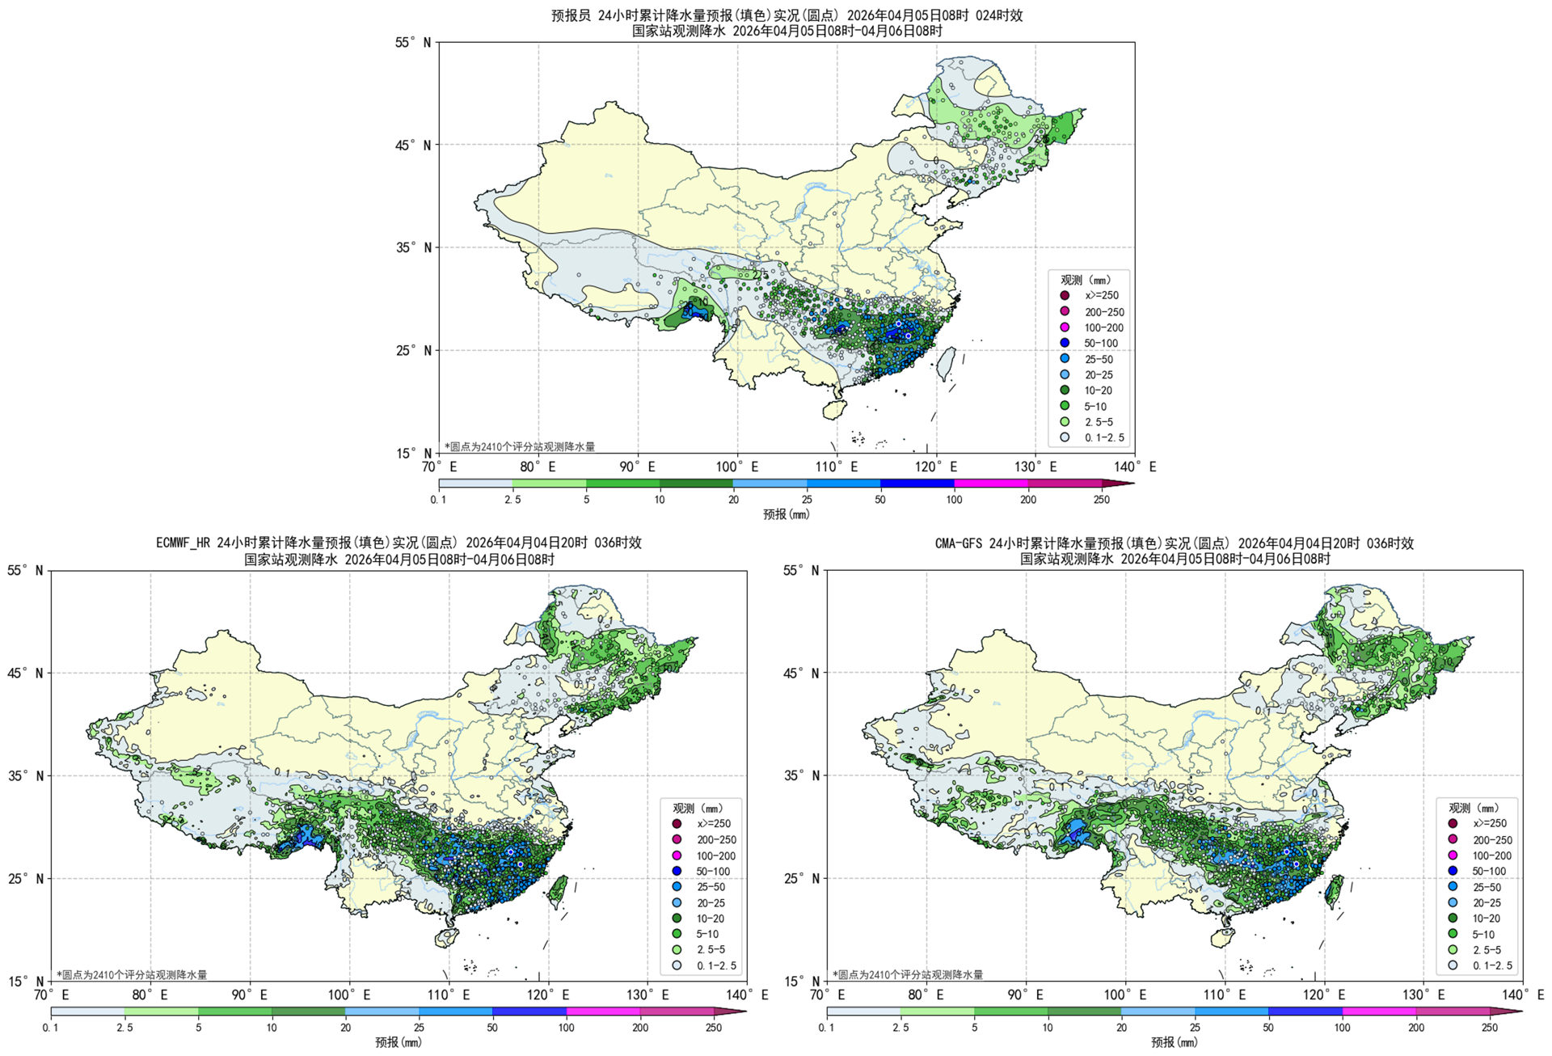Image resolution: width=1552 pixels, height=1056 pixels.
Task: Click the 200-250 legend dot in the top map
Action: (1065, 311)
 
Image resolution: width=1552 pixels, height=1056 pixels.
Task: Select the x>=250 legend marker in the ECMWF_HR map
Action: (677, 824)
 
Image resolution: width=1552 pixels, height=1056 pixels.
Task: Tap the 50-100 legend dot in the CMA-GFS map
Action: (1453, 871)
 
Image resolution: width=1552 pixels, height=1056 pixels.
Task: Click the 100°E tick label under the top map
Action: (736, 467)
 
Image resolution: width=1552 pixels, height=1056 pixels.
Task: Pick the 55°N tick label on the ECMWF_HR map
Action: (26, 571)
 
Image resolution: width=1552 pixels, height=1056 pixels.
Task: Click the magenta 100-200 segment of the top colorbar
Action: (991, 484)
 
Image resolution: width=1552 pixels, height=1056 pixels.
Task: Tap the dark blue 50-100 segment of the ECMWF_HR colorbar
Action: (529, 1012)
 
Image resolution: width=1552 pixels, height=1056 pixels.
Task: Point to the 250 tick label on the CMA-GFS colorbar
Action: (1489, 1028)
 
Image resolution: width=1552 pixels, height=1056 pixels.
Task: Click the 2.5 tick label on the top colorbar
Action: (512, 500)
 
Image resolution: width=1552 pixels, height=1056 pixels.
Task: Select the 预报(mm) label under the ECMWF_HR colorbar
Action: (398, 1042)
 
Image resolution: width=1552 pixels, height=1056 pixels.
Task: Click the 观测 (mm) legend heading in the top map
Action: (1086, 280)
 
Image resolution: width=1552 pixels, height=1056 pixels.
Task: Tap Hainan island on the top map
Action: (833, 410)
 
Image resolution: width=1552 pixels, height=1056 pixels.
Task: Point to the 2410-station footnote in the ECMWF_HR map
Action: (132, 975)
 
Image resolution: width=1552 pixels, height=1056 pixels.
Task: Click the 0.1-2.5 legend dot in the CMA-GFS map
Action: (1453, 965)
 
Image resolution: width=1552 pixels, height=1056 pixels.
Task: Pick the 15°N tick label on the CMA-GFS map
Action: (802, 981)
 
